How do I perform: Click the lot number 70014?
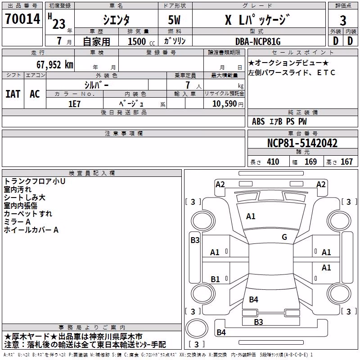[x=22, y=18]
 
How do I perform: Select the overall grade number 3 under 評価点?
[x=343, y=20]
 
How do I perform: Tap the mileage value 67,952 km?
[x=54, y=65]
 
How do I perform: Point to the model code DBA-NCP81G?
[x=258, y=41]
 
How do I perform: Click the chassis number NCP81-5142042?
[x=302, y=143]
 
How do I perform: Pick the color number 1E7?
[x=74, y=104]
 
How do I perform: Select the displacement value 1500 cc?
[x=141, y=41]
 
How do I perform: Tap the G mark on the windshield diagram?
[x=284, y=237]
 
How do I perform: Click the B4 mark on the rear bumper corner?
[x=221, y=332]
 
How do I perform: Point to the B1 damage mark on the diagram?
[x=215, y=279]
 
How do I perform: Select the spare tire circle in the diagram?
[x=197, y=329]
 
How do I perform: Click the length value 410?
[x=273, y=162]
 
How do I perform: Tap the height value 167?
[x=346, y=162]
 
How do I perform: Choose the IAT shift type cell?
[x=13, y=94]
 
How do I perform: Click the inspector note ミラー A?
[x=17, y=222]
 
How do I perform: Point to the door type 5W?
[x=174, y=20]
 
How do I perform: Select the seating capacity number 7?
[x=188, y=85]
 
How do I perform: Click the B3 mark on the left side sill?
[x=195, y=240]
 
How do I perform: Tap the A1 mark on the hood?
[x=251, y=216]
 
